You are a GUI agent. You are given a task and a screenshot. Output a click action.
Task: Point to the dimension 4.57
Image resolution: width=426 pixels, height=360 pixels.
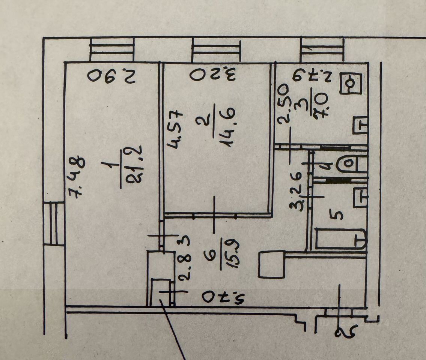(175, 129)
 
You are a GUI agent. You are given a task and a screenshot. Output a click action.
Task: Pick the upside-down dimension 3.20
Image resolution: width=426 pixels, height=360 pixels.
(212, 74)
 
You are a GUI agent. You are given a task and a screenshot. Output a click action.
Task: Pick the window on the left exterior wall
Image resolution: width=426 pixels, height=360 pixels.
(54, 223)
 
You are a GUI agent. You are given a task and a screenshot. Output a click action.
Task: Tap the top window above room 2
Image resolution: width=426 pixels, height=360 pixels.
(215, 50)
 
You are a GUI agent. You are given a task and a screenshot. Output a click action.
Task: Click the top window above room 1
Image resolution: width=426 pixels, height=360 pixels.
(112, 50)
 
